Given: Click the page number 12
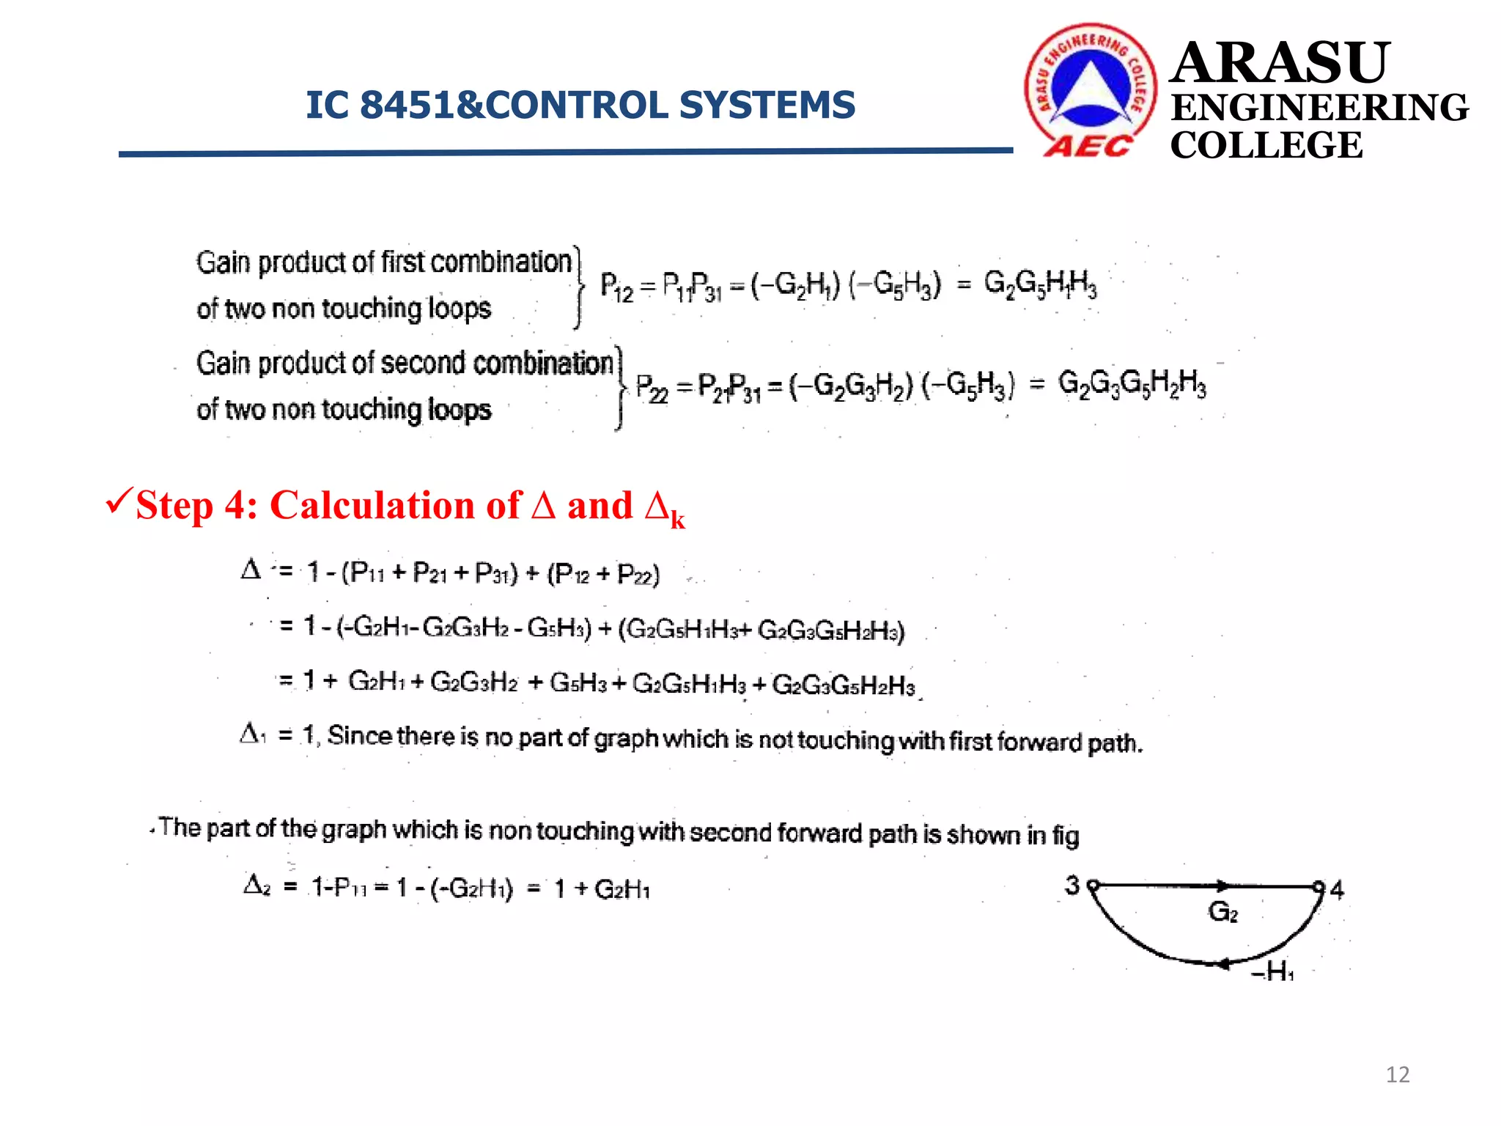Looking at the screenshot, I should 1398,1075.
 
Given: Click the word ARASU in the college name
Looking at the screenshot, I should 1280,63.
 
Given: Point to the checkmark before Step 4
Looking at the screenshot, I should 119,502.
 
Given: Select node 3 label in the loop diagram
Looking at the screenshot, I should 1072,886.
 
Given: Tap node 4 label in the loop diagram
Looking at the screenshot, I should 1338,890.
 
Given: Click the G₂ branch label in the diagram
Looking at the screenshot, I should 1222,913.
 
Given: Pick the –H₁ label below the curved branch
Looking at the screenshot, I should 1272,972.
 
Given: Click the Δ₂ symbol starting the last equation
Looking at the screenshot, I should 257,886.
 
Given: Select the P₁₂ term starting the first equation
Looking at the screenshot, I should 616,287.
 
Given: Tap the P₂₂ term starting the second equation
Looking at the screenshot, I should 652,388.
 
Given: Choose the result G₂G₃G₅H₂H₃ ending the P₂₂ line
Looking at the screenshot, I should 1132,384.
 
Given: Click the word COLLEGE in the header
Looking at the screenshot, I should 1266,145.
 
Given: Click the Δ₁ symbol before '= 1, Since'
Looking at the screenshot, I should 253,733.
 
